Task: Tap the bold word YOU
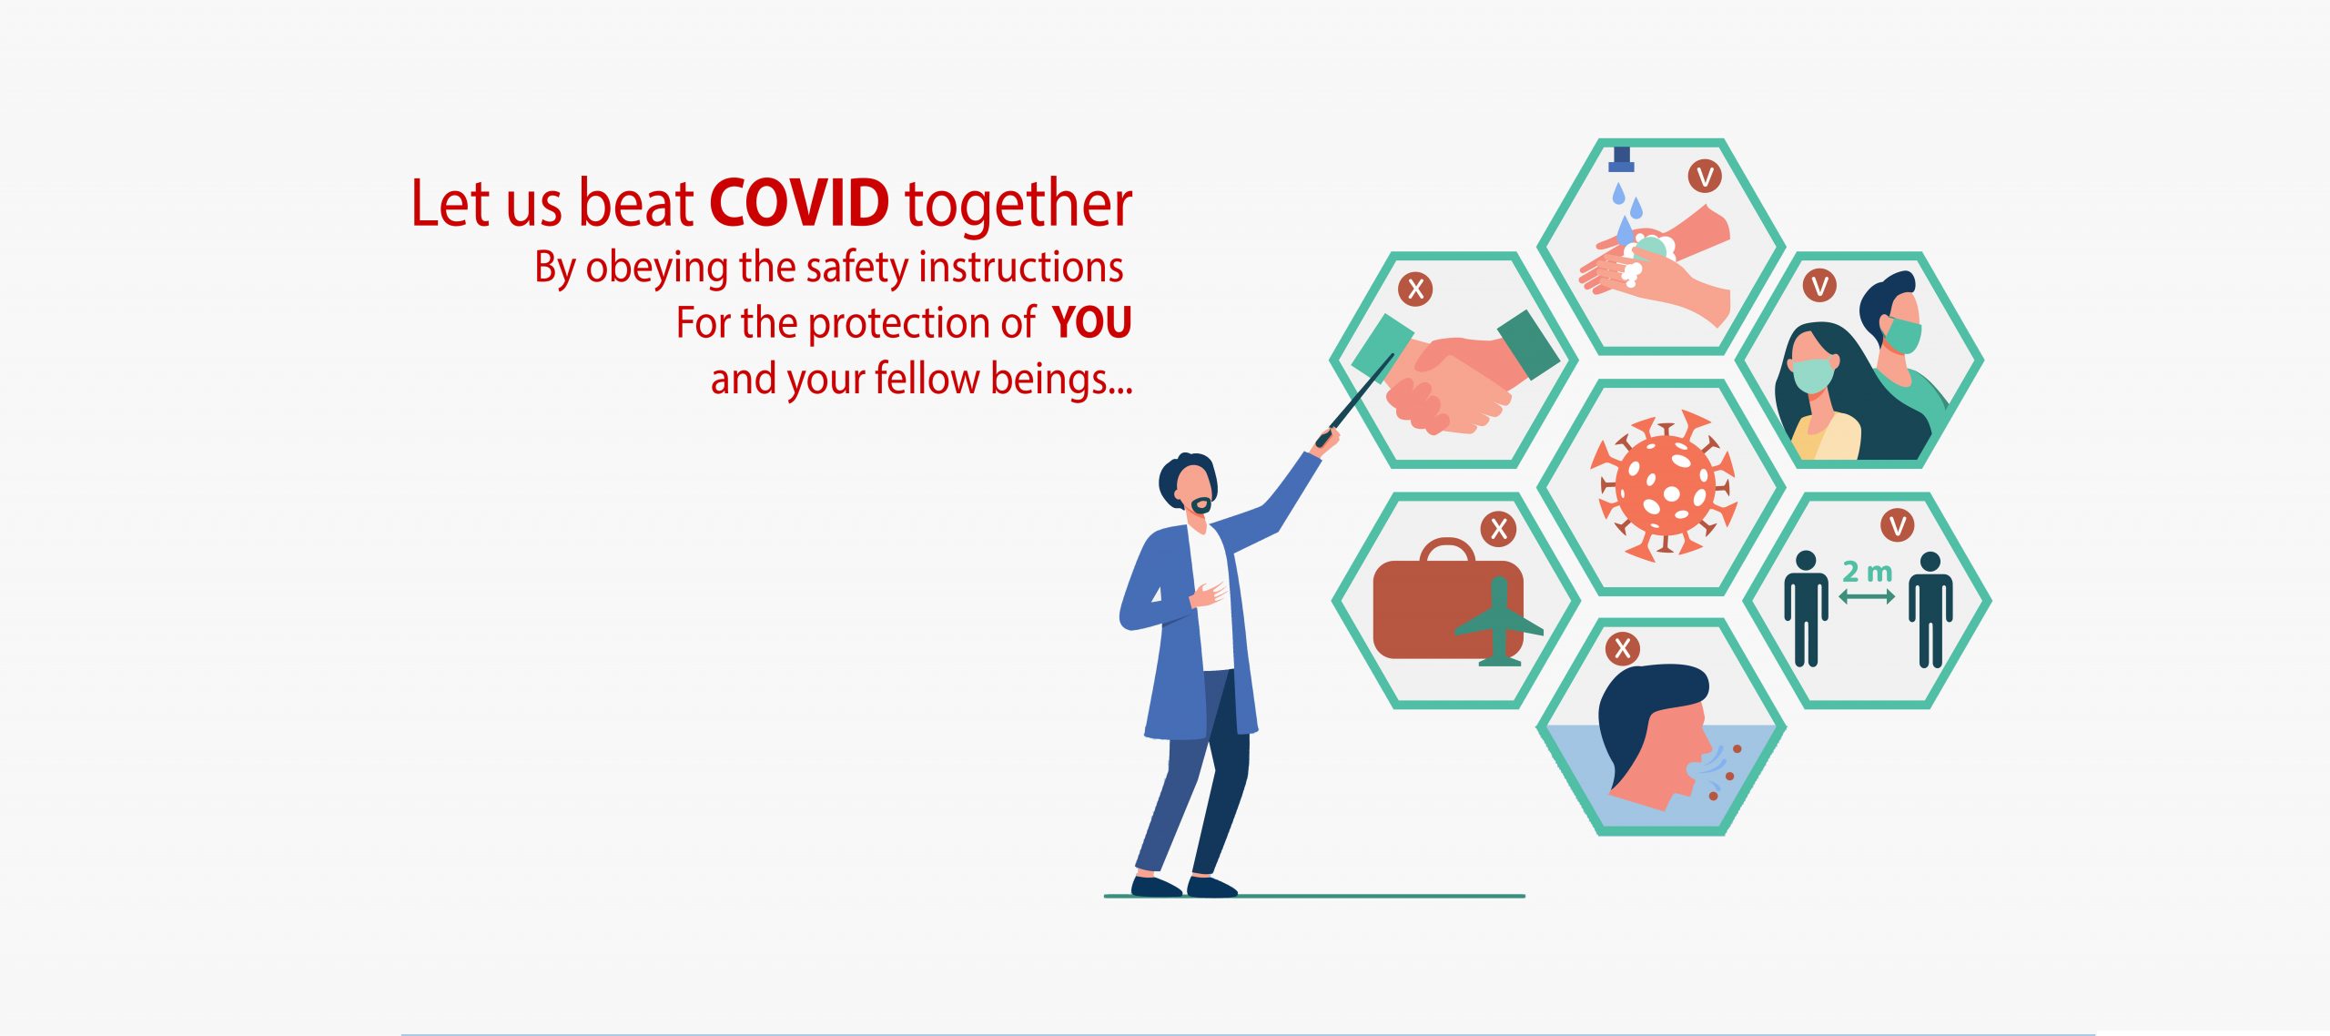(1091, 322)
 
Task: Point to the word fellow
(927, 378)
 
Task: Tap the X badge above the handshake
(1415, 289)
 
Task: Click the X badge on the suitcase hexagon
(1499, 529)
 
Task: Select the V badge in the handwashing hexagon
(1705, 176)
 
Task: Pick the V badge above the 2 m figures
(1898, 525)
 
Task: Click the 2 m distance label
(1867, 572)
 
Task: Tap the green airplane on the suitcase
(1498, 623)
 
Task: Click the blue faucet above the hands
(1621, 158)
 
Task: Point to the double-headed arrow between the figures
(1867, 596)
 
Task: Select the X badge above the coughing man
(1622, 649)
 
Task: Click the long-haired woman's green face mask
(1812, 374)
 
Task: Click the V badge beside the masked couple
(1819, 287)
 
